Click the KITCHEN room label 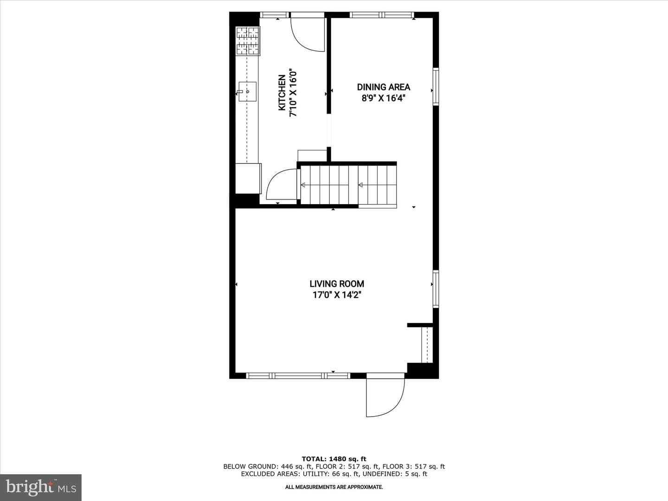[x=282, y=93]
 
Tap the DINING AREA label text [x=384, y=87]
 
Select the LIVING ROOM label [x=337, y=284]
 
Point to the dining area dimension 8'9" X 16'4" [x=384, y=98]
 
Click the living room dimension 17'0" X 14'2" [x=337, y=295]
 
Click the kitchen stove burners [x=248, y=41]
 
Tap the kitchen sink [x=247, y=91]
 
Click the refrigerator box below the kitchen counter [x=248, y=178]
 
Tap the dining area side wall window [x=436, y=87]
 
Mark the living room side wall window [x=436, y=289]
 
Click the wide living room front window [x=298, y=376]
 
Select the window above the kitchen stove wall [x=275, y=14]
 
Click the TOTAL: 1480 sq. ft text [x=334, y=459]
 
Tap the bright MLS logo [x=41, y=487]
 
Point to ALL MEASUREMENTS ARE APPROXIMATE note [x=334, y=487]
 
